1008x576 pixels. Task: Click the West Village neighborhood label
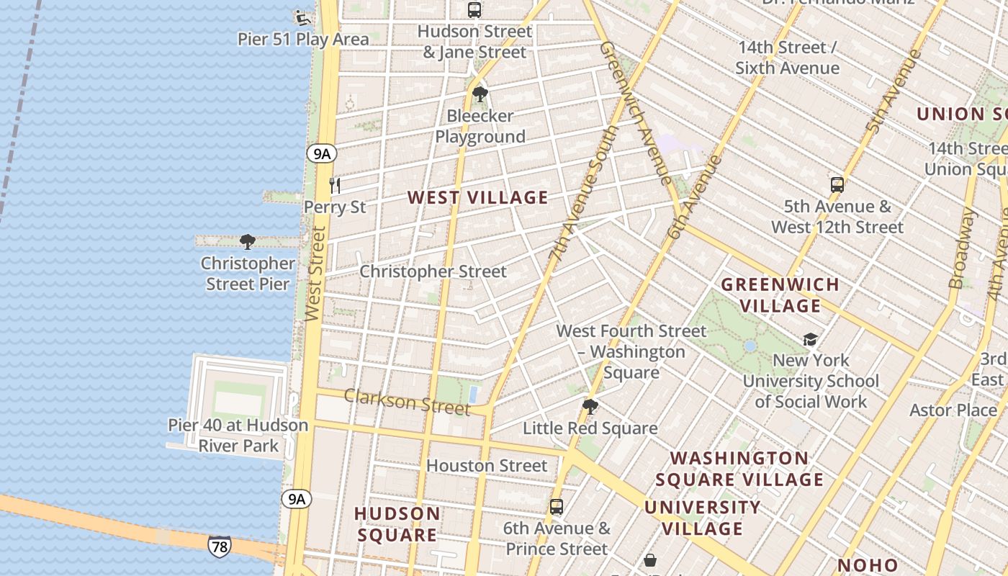click(x=477, y=197)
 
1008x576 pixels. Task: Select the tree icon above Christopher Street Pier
click(x=248, y=241)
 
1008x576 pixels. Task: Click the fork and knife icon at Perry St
click(x=335, y=186)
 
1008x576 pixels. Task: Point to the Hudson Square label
click(x=397, y=524)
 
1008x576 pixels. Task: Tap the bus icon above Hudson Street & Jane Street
click(x=474, y=10)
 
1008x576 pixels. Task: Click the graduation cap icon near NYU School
click(x=810, y=339)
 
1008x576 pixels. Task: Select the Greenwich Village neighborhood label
click(x=780, y=294)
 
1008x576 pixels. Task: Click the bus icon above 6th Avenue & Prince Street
click(x=557, y=506)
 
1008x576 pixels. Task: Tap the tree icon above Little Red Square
click(x=590, y=407)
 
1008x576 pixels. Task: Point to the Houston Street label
click(x=487, y=466)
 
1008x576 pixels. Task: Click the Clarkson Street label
click(x=407, y=402)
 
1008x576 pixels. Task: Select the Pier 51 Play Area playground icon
click(x=303, y=17)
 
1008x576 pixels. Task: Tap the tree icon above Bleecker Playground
click(x=480, y=94)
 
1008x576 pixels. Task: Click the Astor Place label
click(x=953, y=410)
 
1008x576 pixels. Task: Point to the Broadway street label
click(x=961, y=248)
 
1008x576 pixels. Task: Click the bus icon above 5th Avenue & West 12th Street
click(x=837, y=184)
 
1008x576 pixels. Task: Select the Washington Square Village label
click(x=739, y=469)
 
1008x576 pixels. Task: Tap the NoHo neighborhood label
click(x=868, y=565)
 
